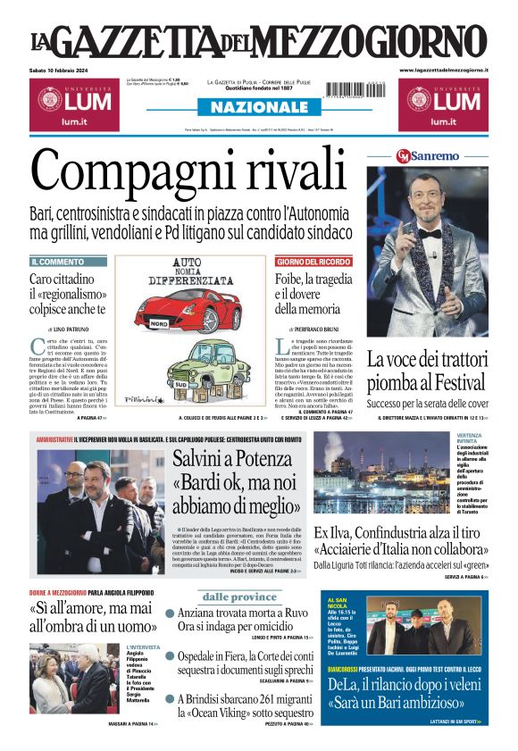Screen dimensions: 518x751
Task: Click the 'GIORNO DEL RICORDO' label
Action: click(313, 262)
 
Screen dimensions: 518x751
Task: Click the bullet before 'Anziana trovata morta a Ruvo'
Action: click(170, 614)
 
